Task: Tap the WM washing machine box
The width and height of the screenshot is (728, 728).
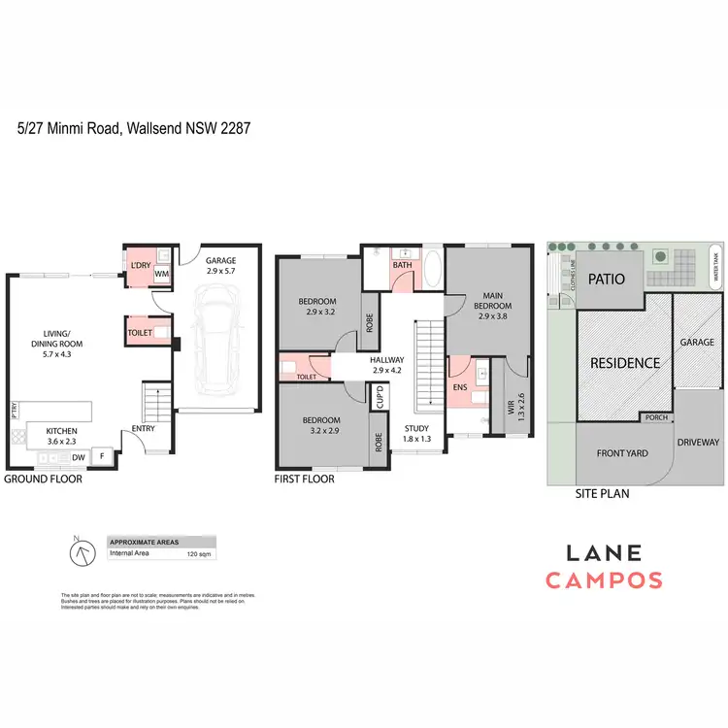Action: [x=162, y=275]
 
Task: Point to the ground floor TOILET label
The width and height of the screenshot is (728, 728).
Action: [x=139, y=332]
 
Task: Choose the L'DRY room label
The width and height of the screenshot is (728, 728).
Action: [x=140, y=264]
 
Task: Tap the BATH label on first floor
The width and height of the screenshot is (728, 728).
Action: [x=402, y=265]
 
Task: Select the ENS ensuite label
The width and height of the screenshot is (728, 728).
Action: [x=460, y=386]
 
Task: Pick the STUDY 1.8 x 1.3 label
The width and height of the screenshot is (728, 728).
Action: [x=417, y=434]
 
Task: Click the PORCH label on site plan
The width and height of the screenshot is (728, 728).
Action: [x=656, y=417]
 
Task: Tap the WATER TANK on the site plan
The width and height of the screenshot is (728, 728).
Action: [x=715, y=263]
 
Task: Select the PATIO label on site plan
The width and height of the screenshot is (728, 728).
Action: [x=610, y=280]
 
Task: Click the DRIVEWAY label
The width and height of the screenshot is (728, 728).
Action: [x=699, y=454]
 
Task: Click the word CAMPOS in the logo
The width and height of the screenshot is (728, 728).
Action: [x=604, y=580]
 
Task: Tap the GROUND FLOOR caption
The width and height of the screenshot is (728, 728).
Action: [x=44, y=480]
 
